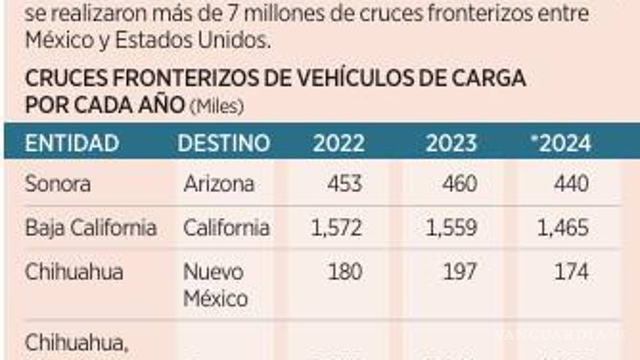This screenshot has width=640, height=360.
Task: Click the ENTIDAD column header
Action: [72, 143]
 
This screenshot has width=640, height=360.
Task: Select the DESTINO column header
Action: [223, 143]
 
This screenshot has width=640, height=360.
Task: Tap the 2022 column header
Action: [339, 143]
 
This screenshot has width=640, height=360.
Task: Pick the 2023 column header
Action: [451, 143]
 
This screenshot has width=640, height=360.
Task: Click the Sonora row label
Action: [58, 183]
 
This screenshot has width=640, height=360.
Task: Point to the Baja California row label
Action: [91, 228]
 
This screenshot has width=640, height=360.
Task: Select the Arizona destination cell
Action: [219, 183]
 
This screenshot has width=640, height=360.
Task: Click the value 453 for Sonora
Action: [344, 183]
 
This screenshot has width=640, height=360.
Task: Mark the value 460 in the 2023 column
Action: [459, 183]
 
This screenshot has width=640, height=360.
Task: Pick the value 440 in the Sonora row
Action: [571, 183]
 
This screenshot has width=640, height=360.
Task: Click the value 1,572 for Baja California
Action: [336, 228]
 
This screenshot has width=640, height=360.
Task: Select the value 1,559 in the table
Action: [451, 228]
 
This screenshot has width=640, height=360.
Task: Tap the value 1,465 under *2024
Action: [562, 228]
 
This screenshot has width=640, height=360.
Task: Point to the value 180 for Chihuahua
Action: [344, 272]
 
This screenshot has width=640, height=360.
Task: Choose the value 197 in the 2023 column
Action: [459, 272]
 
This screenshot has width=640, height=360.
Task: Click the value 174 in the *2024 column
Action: [571, 272]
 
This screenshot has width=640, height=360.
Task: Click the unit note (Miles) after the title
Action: [217, 106]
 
